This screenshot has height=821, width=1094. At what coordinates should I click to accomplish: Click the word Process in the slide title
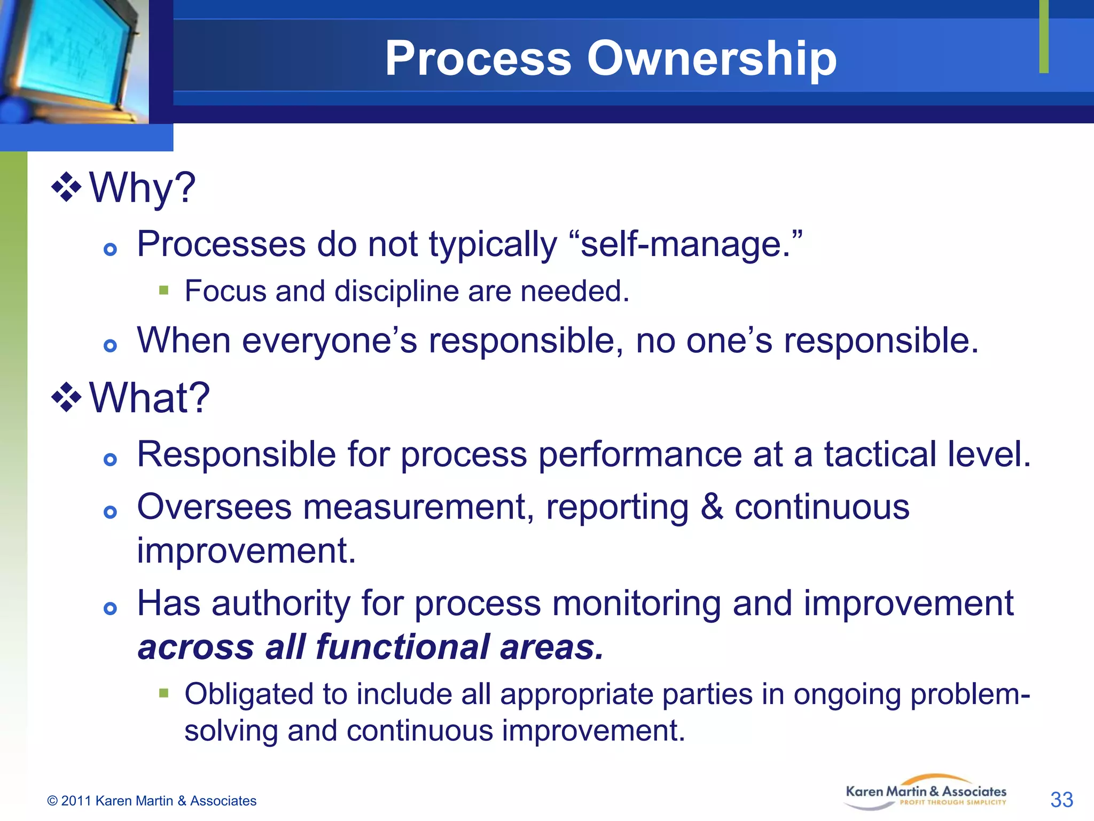tap(478, 59)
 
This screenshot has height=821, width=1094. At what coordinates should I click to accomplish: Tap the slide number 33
tap(1061, 800)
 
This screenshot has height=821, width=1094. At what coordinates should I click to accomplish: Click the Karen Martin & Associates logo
tap(926, 792)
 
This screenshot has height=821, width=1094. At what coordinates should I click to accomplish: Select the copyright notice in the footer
tap(152, 801)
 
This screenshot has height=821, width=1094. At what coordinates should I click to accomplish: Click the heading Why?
tap(142, 188)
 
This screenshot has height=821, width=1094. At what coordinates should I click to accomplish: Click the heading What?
tap(150, 398)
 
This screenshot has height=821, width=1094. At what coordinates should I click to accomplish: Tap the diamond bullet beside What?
tap(66, 397)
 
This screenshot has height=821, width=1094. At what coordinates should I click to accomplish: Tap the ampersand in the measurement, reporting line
tap(712, 507)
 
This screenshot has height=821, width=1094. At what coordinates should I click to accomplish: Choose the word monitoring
tap(636, 604)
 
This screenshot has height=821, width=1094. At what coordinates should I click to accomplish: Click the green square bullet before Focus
tap(164, 291)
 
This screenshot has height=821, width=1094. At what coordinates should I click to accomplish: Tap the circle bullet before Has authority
tap(110, 608)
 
